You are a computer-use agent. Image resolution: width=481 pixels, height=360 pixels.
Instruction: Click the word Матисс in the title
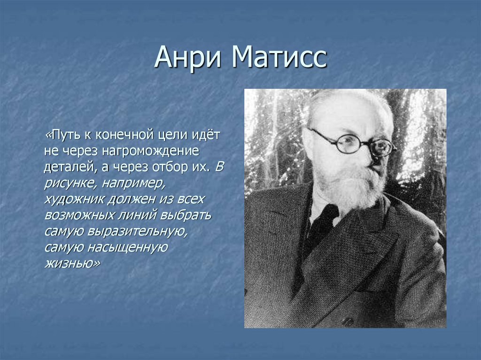tap(278, 59)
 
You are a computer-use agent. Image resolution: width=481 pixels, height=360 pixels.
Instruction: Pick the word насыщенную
tap(126, 247)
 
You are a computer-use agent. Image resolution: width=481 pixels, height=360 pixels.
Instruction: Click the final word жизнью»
tap(72, 263)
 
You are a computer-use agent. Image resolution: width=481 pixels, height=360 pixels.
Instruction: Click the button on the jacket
tap(348, 322)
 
